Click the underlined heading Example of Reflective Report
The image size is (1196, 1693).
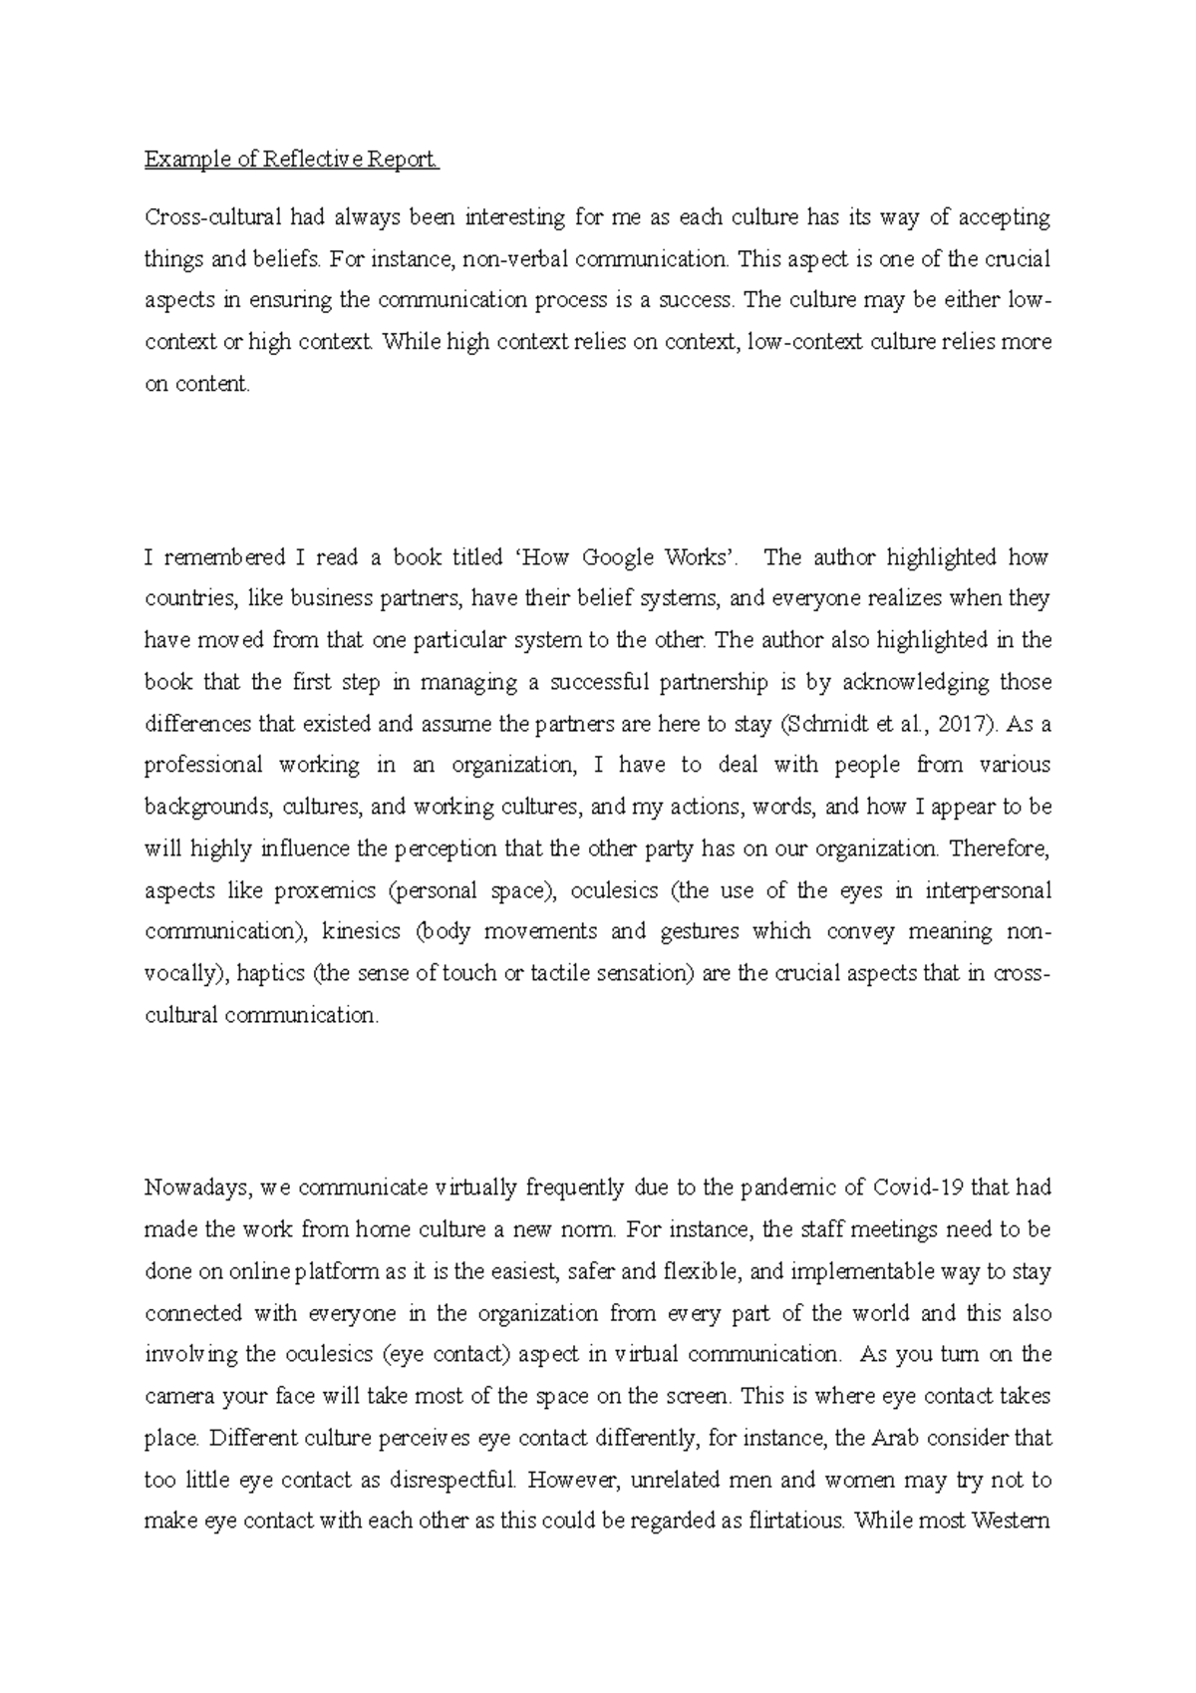(291, 160)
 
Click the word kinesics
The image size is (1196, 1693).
(362, 932)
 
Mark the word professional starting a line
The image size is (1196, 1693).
(202, 766)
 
